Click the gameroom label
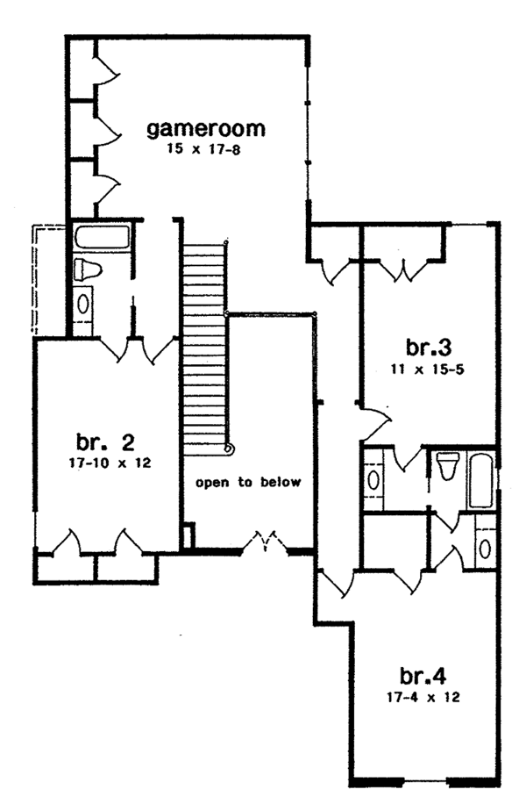[205, 129]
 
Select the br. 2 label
[104, 440]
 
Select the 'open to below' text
[248, 482]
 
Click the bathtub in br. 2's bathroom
[102, 236]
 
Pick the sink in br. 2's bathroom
[83, 303]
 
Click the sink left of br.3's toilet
[374, 480]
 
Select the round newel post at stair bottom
[229, 449]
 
